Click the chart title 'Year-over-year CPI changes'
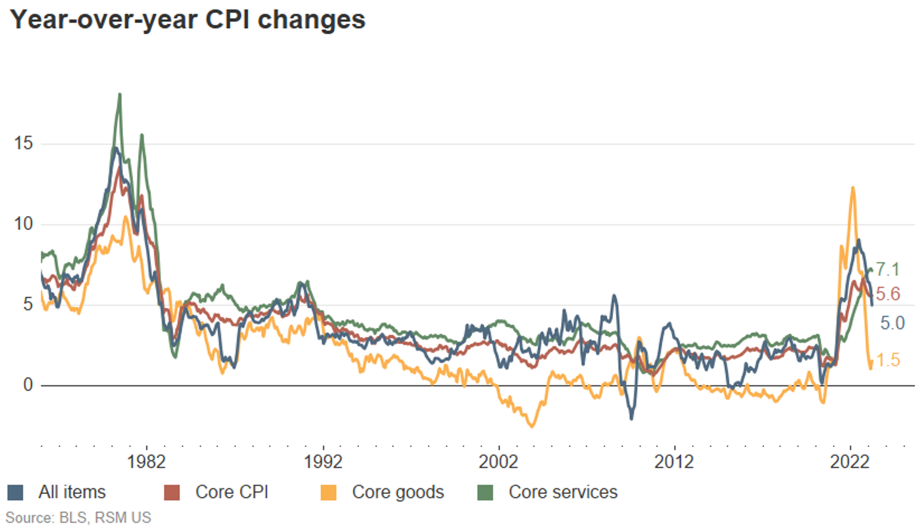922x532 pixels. click(187, 20)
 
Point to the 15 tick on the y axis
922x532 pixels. click(23, 144)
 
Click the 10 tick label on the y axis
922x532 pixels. click(23, 224)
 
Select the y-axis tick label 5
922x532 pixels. click(27, 305)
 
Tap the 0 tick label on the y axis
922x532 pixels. click(27, 385)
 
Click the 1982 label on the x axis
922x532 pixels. click(146, 462)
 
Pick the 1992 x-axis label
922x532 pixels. click(323, 462)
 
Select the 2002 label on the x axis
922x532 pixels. click(498, 462)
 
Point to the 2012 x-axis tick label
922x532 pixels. click(674, 462)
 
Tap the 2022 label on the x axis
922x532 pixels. click(849, 462)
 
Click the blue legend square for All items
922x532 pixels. click(16, 493)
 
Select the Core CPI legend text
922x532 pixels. click(232, 492)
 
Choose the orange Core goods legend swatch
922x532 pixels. click(328, 493)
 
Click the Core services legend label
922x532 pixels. click(562, 492)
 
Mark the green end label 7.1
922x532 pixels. click(887, 270)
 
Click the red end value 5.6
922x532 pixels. click(888, 294)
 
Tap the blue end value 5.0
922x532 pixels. click(892, 323)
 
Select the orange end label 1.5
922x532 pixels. click(888, 360)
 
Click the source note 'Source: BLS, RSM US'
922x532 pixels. click(78, 518)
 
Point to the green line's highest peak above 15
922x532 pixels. click(120, 95)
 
